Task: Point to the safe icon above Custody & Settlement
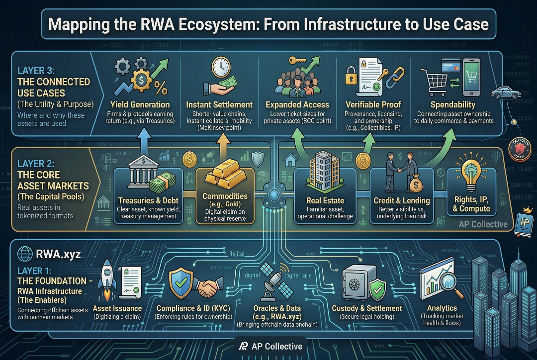pos(357,284)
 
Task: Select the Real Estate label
pos(325,201)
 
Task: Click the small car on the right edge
pos(503,92)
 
